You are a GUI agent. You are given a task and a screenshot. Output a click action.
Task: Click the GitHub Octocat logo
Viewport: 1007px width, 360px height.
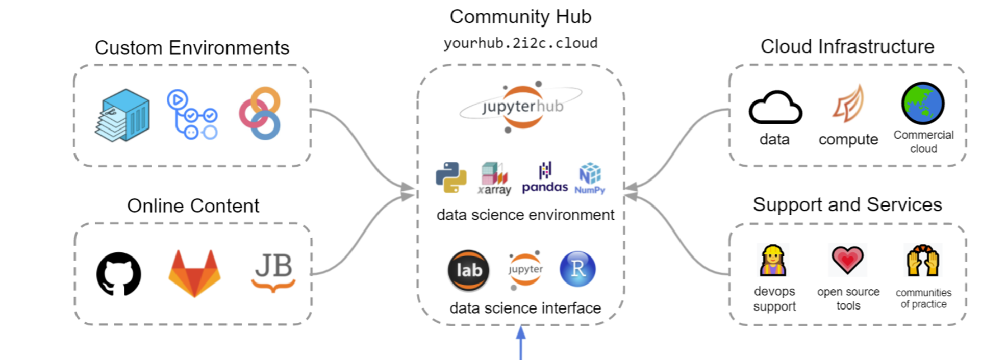[x=118, y=274]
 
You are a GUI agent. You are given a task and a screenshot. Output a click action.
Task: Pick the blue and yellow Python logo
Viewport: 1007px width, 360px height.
[x=451, y=177]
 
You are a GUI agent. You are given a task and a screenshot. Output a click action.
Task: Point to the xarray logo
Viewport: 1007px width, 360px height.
[x=494, y=178]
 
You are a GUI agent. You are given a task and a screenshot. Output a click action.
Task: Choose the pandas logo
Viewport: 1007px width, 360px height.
[x=545, y=178]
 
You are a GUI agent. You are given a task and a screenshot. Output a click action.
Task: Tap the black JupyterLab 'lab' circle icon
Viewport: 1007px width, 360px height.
[x=468, y=270]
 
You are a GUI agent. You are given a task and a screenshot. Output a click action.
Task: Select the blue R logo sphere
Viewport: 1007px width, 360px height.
[x=577, y=269]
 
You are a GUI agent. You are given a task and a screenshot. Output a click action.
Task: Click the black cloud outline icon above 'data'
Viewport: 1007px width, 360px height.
[x=775, y=108]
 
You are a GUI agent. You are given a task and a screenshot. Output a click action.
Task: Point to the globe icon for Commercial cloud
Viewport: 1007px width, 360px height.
[x=923, y=104]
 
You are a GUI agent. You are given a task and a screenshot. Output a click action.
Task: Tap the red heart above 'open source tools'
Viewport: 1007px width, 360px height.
[x=848, y=260]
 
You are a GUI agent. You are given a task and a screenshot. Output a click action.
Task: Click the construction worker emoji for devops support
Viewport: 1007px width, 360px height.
[x=773, y=260]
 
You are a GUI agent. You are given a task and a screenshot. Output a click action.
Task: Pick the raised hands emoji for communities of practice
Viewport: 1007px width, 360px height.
[x=923, y=260]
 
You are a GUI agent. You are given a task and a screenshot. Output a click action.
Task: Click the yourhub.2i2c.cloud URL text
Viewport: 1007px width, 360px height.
[x=520, y=43]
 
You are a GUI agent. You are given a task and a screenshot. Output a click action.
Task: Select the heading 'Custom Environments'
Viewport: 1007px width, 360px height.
[x=192, y=48]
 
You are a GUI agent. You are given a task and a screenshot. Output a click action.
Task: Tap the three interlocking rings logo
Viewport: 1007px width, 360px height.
[x=260, y=113]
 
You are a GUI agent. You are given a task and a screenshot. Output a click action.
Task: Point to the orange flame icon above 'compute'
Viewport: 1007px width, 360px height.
[x=848, y=104]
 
